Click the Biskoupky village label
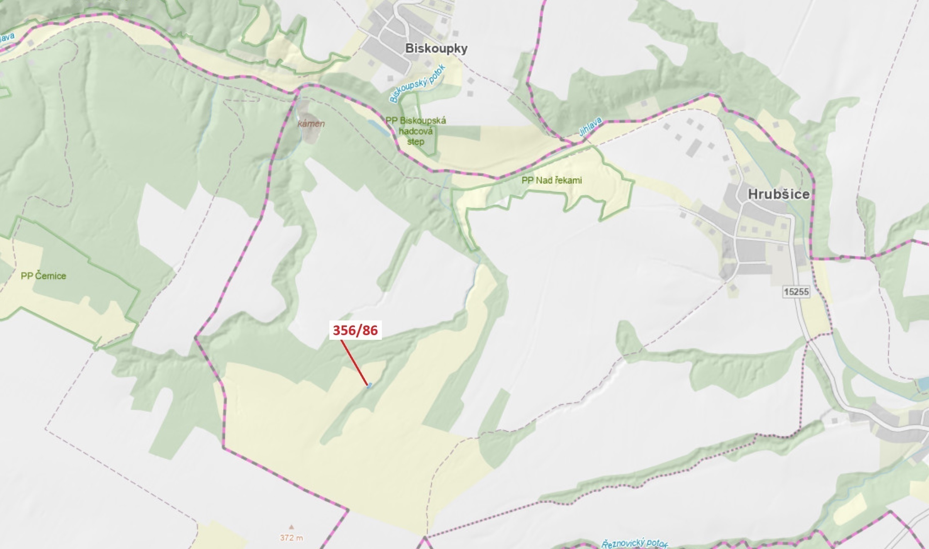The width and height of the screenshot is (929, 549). [x=436, y=49]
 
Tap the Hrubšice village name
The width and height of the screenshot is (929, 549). [x=778, y=194]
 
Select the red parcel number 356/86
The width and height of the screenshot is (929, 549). [x=355, y=330]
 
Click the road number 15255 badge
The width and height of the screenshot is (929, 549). [x=796, y=291]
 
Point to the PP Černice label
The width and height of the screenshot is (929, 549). [x=43, y=276]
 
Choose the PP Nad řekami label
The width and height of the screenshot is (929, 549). [x=551, y=180]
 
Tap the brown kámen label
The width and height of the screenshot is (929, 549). [x=311, y=124]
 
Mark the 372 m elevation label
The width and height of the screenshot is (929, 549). [x=292, y=537]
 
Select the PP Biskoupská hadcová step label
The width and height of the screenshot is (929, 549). [x=416, y=131]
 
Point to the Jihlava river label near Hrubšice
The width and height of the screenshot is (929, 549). [x=590, y=127]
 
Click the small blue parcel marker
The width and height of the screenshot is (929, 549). [x=370, y=385]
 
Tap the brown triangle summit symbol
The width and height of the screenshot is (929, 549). [x=292, y=527]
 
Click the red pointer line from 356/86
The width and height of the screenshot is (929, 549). [x=354, y=362]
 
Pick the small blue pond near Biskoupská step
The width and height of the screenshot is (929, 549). [x=378, y=128]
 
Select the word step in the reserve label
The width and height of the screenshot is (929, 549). [x=415, y=142]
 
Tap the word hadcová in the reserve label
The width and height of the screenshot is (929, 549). [x=415, y=131]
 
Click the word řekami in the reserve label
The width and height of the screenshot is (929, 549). [x=566, y=180]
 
